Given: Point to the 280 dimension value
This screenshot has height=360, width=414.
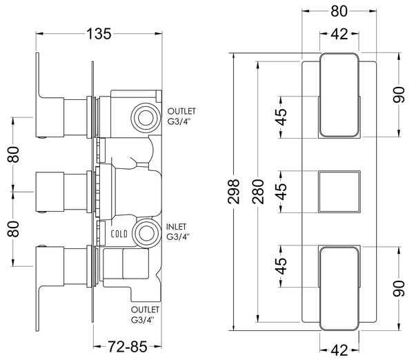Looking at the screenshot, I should click(x=258, y=193).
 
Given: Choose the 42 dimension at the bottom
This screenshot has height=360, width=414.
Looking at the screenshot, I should click(x=339, y=350).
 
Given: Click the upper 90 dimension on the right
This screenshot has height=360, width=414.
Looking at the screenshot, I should click(x=399, y=94).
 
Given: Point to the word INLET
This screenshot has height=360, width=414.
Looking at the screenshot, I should click(x=177, y=226).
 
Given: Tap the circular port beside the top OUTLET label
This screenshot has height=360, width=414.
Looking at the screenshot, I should click(x=144, y=116).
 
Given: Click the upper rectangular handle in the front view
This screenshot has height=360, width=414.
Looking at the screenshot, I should click(x=338, y=94).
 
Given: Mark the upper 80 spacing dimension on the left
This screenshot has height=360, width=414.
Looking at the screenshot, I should click(x=12, y=154).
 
